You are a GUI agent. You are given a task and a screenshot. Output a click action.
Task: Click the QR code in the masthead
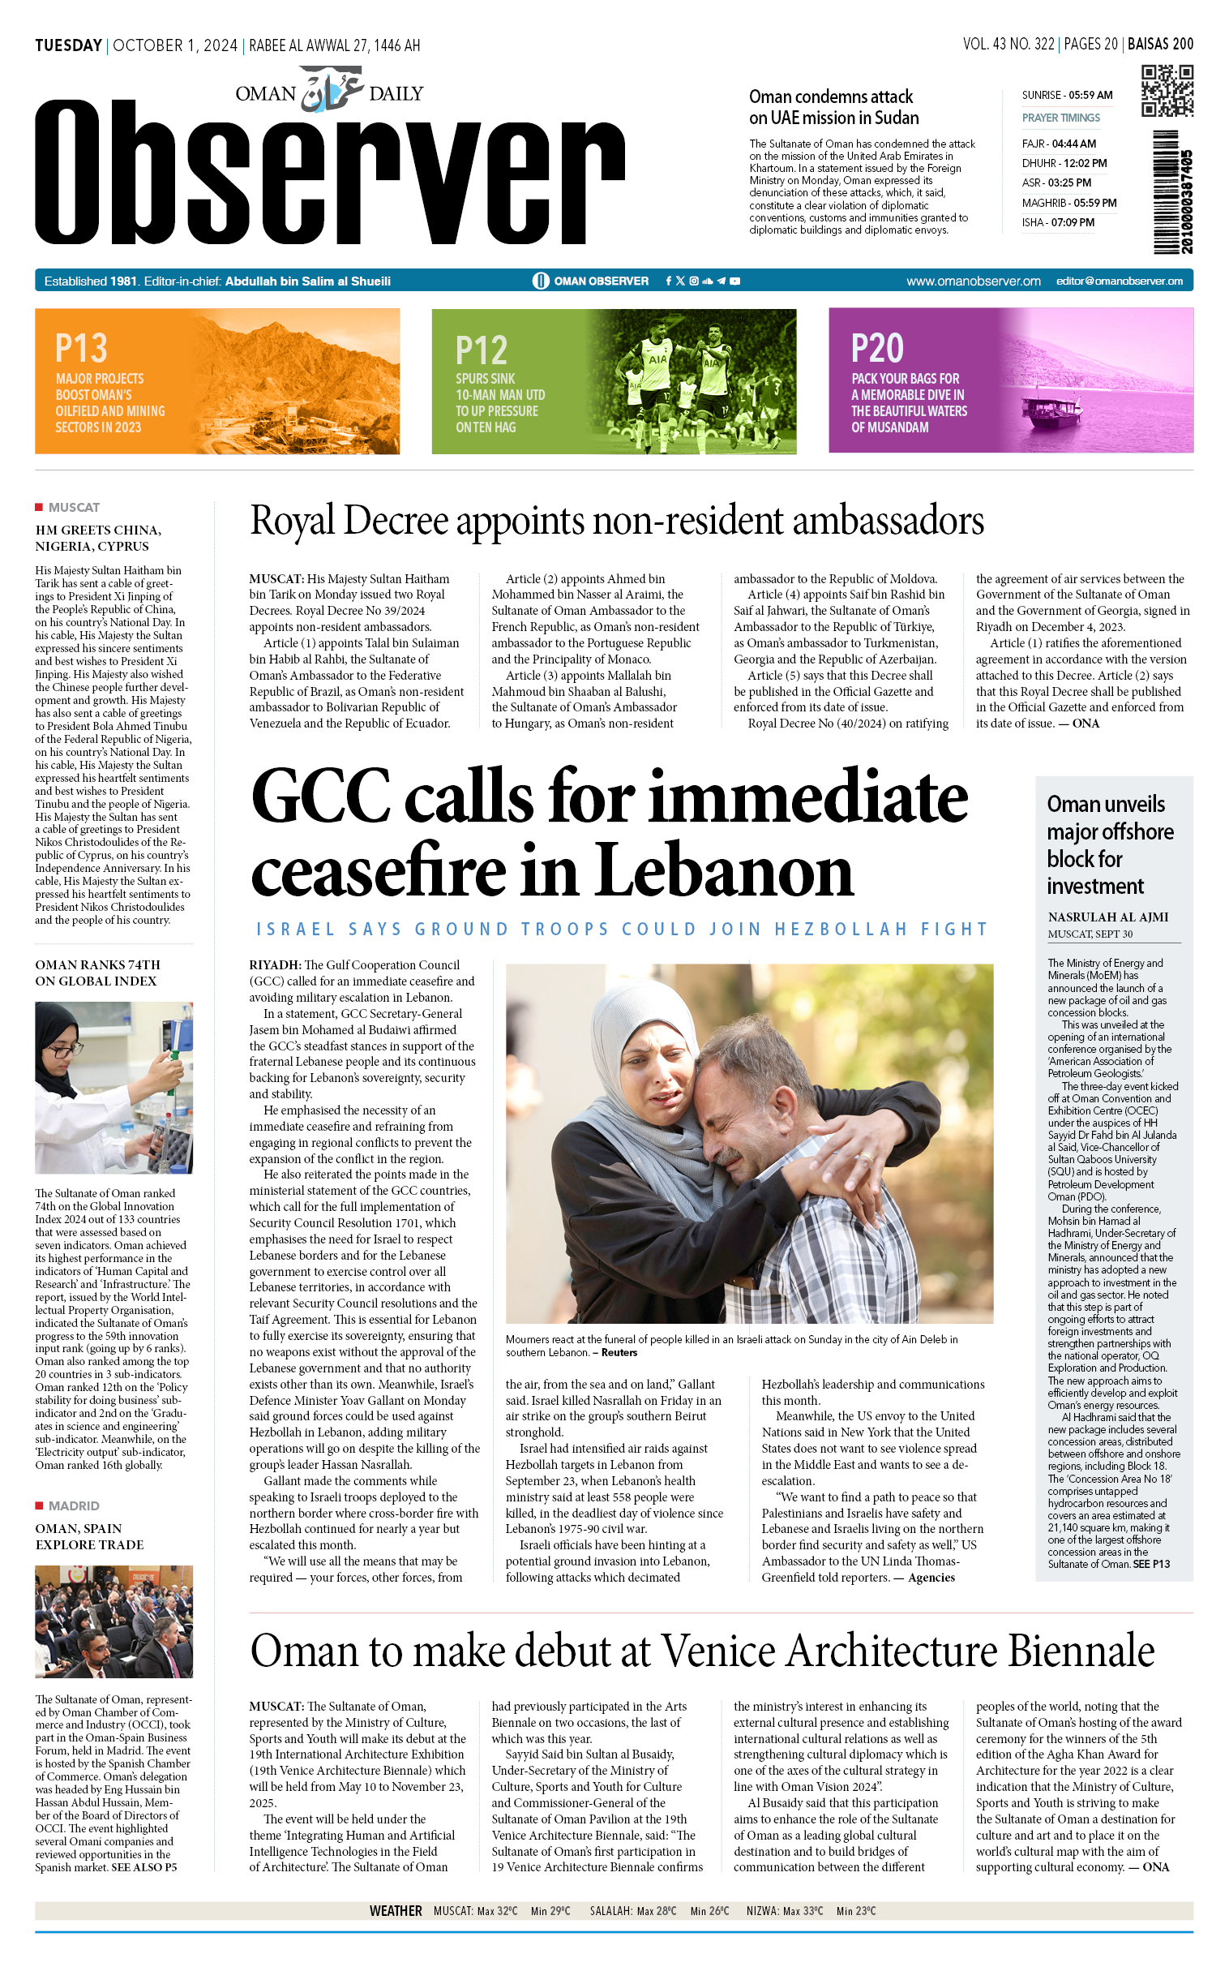click(x=1167, y=91)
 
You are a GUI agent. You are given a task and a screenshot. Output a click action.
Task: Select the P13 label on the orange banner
click(x=81, y=348)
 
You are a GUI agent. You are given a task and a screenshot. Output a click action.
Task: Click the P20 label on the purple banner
click(x=877, y=348)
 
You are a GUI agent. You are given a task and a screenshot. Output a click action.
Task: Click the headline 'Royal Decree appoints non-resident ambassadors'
click(x=616, y=521)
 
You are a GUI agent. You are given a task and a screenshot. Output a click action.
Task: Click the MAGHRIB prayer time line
click(x=1068, y=203)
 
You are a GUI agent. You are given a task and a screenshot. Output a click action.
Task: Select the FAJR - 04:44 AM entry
click(x=1058, y=144)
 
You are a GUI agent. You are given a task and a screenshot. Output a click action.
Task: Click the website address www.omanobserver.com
click(x=973, y=281)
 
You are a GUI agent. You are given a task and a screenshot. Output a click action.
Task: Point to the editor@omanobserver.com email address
click(x=1120, y=281)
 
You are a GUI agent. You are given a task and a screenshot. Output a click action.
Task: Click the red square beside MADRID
click(x=39, y=1505)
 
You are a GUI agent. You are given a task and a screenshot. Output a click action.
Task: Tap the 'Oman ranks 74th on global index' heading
click(x=97, y=973)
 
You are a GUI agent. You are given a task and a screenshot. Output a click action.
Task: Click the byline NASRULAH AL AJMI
click(x=1108, y=917)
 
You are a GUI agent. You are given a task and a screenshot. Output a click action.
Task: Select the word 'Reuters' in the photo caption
click(x=619, y=1352)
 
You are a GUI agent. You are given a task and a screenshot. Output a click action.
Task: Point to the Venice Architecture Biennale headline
click(x=702, y=1651)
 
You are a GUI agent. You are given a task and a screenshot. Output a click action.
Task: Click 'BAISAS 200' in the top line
click(x=1160, y=45)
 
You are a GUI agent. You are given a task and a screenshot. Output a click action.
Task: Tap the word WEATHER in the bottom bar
click(x=396, y=1911)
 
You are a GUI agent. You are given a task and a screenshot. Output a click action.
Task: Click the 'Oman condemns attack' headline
click(x=833, y=107)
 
